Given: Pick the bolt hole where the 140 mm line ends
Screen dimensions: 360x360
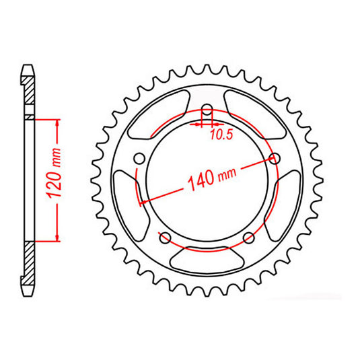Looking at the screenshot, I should tap(274, 159).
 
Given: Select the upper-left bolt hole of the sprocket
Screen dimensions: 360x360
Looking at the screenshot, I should tap(140, 159).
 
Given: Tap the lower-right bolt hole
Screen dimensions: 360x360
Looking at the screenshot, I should tap(248, 237).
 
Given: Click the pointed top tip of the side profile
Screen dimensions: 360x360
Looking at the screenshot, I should tap(28, 65).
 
